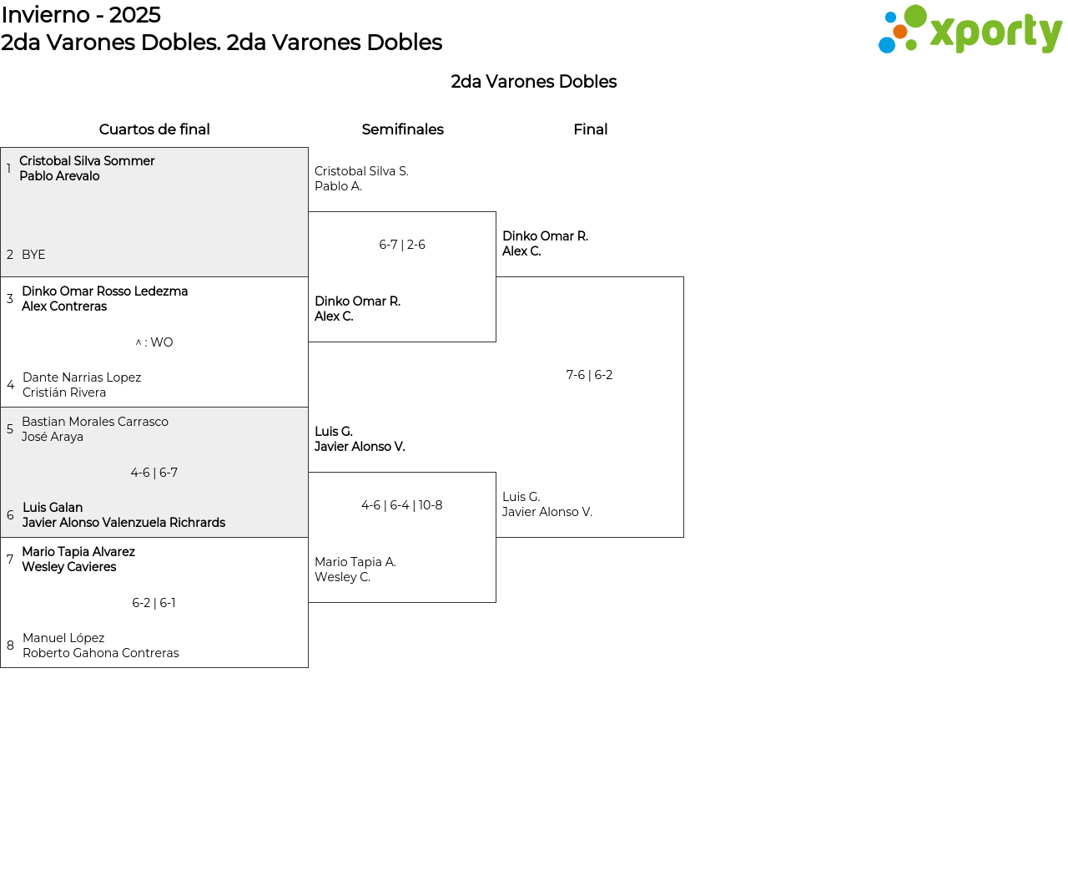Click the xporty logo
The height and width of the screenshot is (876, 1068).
[970, 30]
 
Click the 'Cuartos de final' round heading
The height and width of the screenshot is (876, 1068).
[154, 129]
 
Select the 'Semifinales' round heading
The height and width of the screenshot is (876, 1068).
[402, 129]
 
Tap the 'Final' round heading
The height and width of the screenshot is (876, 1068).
[590, 129]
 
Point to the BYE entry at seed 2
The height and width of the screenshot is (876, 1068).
[33, 255]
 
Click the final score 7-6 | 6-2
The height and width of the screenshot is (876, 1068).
[589, 375]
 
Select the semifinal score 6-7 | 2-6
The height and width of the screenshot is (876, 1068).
[402, 245]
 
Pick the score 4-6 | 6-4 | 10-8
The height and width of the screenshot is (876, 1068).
[402, 505]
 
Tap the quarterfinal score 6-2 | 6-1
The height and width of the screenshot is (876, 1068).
[154, 603]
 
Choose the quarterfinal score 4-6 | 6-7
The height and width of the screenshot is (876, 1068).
[154, 473]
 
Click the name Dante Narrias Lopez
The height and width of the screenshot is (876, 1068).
[82, 377]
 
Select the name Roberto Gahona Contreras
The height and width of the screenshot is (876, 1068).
[101, 653]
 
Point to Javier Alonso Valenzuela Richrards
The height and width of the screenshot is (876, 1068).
[123, 523]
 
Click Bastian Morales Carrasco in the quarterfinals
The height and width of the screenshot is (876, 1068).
[95, 422]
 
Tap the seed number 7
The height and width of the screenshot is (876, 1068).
[10, 559]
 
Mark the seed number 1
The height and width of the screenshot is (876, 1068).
[8, 169]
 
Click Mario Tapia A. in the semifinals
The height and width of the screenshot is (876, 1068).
[355, 562]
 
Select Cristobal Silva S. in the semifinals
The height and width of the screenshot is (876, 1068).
[361, 171]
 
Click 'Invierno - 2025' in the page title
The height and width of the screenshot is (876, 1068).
[81, 15]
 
